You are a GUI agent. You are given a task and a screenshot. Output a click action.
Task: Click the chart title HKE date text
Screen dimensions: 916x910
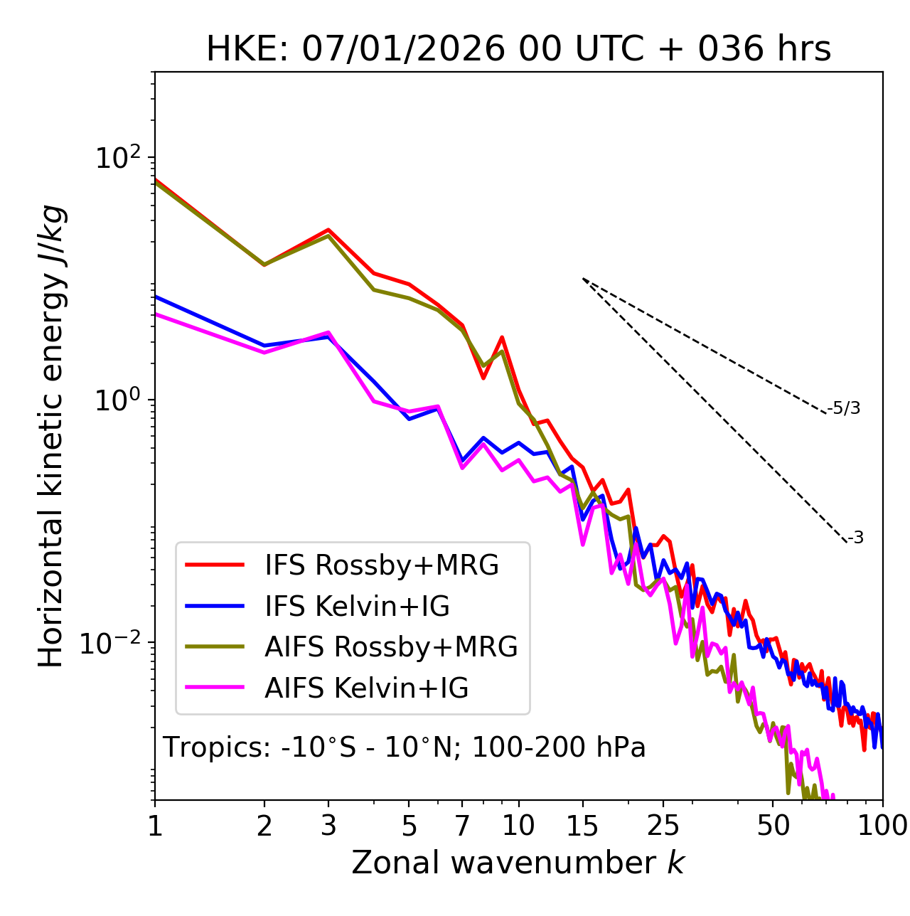tap(518, 50)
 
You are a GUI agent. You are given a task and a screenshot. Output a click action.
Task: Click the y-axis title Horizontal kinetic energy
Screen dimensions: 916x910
tap(51, 436)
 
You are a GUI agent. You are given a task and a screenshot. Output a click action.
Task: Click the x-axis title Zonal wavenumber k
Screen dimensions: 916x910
tap(518, 863)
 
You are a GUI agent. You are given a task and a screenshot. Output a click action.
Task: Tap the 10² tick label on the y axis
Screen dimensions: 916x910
tap(117, 158)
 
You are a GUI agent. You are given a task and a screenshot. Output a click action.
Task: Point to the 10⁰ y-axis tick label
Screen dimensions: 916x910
tap(117, 400)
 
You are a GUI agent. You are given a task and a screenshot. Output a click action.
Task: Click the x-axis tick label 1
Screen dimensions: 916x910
tap(155, 826)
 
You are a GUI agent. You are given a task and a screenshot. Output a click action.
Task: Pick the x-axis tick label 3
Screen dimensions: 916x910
tap(328, 826)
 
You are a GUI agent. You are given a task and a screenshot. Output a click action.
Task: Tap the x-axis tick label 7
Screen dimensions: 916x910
tap(462, 826)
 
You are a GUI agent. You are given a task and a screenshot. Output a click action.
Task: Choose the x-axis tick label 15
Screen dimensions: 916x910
tap(582, 826)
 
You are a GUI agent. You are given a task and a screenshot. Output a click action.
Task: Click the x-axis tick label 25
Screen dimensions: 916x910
tap(663, 826)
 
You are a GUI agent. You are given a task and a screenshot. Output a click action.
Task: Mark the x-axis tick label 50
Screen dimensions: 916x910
tap(773, 826)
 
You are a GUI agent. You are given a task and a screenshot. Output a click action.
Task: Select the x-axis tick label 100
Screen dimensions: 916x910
tap(882, 826)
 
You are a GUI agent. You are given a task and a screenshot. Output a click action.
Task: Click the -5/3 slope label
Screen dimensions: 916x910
tap(844, 409)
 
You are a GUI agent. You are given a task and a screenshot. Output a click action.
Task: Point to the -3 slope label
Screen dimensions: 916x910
tap(856, 538)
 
